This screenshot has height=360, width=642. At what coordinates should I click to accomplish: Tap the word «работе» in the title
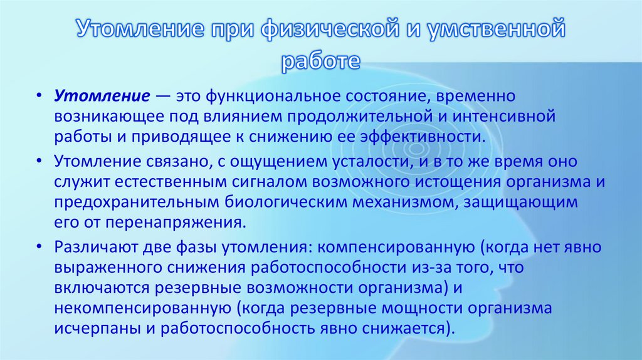tap(320, 61)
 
